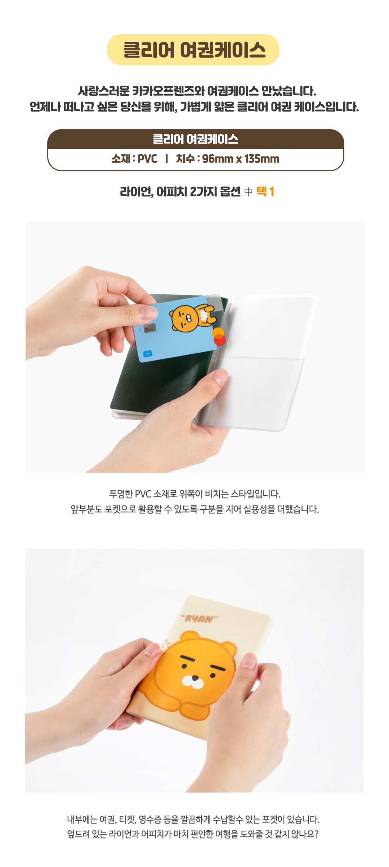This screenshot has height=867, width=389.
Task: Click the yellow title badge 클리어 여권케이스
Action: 193,50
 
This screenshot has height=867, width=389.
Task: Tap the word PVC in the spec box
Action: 147,159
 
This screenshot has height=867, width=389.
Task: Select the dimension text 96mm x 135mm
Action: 241,159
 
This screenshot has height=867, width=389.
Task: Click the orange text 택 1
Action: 265,191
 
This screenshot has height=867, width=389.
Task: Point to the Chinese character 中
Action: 249,192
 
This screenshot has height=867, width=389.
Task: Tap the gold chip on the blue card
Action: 149,328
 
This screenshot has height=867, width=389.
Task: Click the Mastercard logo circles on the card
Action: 219,337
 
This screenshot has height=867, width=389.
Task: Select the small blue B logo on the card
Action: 148,354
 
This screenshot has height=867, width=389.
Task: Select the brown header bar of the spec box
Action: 196,139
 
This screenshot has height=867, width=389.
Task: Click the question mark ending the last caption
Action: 316,834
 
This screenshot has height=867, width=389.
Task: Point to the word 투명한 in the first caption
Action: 121,494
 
